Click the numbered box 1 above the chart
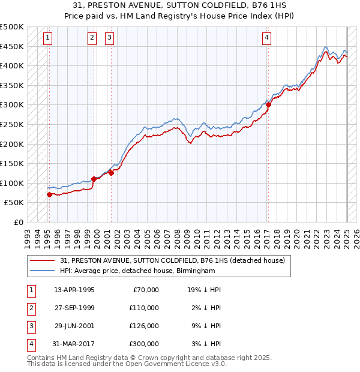[x=47, y=38]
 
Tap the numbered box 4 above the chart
[x=266, y=38]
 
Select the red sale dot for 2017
[x=269, y=104]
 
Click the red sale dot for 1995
[x=49, y=194]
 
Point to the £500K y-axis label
[x=12, y=27]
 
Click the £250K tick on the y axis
[x=12, y=124]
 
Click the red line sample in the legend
[x=43, y=260]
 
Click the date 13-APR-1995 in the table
[x=74, y=290]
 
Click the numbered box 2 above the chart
[x=92, y=38]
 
